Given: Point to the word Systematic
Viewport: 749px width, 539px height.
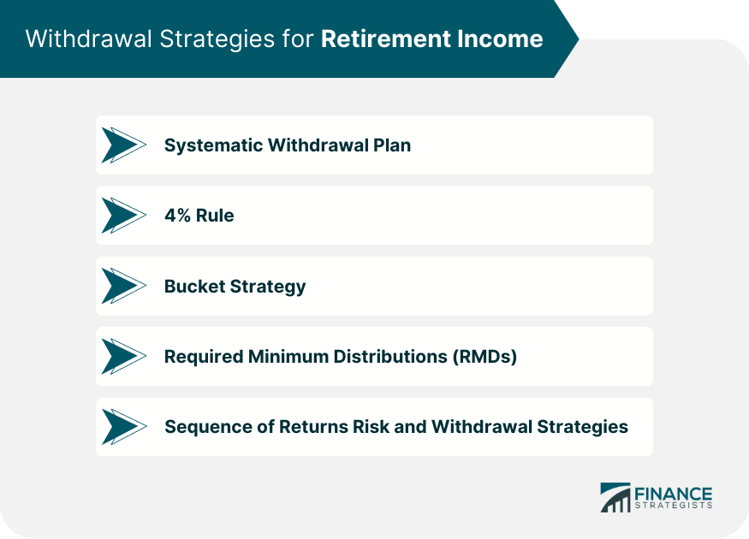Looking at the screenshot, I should [x=212, y=145].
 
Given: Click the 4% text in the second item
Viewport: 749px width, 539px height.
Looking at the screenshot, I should [x=177, y=216].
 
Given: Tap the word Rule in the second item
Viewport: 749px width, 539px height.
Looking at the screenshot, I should [x=215, y=216].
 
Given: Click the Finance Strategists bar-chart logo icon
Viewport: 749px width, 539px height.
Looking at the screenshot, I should [x=615, y=497].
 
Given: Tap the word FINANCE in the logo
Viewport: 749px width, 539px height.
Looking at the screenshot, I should [x=673, y=493].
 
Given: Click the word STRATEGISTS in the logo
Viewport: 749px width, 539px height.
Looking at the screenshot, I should [x=673, y=506].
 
